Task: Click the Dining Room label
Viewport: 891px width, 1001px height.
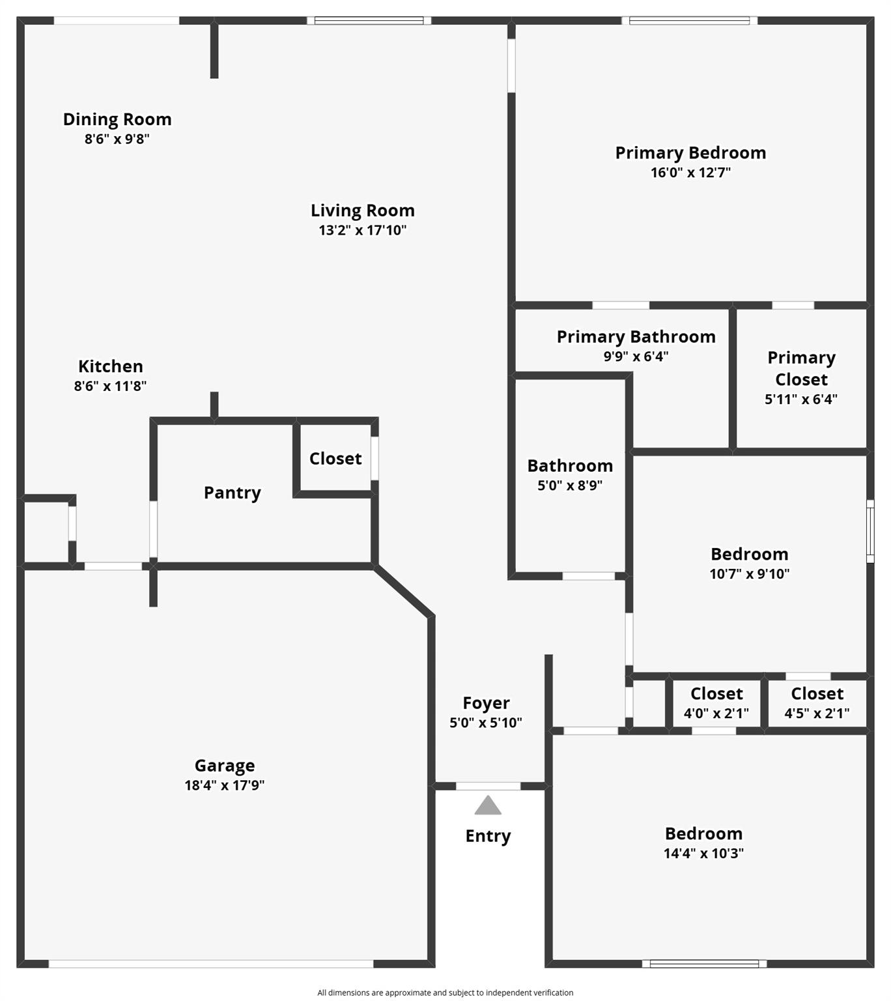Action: click(117, 119)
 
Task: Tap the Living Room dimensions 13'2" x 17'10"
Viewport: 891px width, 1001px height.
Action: click(362, 230)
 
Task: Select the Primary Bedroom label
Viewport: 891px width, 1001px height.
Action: click(690, 153)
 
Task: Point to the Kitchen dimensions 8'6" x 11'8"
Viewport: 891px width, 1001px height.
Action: click(110, 386)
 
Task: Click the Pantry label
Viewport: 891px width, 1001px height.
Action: click(232, 493)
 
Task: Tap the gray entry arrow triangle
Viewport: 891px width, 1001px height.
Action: click(488, 805)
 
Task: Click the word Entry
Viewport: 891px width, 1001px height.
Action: click(488, 836)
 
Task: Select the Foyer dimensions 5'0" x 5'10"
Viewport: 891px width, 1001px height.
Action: click(486, 723)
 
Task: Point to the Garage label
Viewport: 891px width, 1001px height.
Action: click(225, 766)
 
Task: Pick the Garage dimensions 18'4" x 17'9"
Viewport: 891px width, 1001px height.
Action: click(225, 785)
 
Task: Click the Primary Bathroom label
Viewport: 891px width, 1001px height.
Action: click(636, 337)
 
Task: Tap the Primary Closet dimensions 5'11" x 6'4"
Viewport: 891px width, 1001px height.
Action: click(801, 399)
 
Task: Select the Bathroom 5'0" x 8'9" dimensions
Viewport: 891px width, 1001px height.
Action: click(570, 486)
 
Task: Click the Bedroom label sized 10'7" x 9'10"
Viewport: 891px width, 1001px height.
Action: click(750, 555)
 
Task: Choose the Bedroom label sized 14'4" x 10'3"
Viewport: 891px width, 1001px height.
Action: click(703, 834)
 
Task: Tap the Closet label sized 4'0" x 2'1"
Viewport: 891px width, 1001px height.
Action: click(716, 694)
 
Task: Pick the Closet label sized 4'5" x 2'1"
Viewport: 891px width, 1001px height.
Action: click(817, 694)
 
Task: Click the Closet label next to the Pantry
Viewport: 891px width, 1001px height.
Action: click(335, 459)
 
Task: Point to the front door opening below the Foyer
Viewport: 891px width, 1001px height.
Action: click(488, 787)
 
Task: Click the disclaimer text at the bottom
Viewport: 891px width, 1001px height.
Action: click(445, 993)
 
